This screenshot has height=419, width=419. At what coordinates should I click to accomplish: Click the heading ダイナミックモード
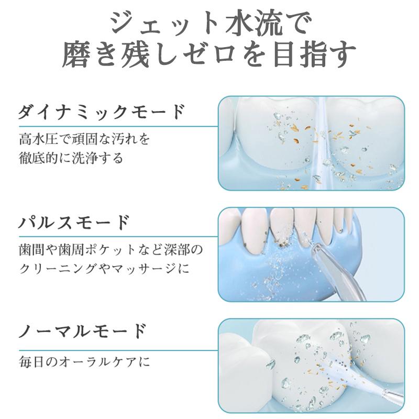point(102,112)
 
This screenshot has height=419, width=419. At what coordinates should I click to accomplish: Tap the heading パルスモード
point(74,222)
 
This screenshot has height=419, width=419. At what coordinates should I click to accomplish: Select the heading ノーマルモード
point(83,331)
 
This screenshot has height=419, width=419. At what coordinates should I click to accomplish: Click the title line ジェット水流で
point(211,23)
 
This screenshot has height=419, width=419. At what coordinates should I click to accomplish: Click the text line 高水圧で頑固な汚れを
point(84,139)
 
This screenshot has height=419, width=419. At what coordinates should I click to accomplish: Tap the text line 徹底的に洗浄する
point(71,158)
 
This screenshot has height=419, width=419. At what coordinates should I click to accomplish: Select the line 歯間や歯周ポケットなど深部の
point(111,250)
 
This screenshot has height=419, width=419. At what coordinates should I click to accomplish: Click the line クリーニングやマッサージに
point(104,268)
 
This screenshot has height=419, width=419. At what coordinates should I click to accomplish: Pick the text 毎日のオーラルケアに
point(84,362)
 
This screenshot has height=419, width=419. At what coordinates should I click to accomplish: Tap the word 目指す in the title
point(315,54)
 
